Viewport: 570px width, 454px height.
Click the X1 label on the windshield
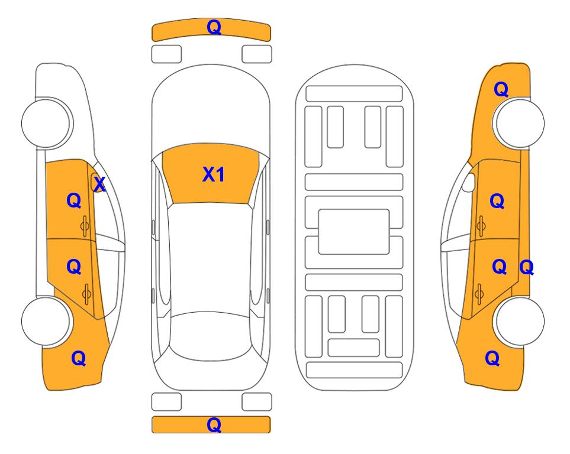[x=214, y=174]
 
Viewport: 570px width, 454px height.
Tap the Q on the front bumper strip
[x=214, y=27]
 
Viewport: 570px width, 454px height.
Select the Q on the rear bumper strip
[x=214, y=424]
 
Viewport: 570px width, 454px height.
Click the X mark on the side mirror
[x=99, y=184]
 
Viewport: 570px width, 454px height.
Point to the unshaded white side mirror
[x=469, y=182]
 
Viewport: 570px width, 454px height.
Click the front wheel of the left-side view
[x=46, y=123]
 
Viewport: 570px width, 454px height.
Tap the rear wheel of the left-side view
[x=46, y=321]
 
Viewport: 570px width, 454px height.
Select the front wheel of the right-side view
[x=520, y=123]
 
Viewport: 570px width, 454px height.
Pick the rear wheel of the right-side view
[x=520, y=321]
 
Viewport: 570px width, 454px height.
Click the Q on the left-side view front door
[x=74, y=200]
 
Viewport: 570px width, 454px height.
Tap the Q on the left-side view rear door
[x=74, y=267]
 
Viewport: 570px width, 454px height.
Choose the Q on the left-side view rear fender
[x=79, y=358]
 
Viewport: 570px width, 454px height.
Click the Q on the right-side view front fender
[x=501, y=89]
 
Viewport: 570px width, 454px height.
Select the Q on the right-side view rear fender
[x=492, y=358]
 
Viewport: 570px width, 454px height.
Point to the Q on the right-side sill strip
[x=526, y=268]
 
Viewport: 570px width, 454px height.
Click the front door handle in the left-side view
[x=85, y=226]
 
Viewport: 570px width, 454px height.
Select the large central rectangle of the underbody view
[x=354, y=232]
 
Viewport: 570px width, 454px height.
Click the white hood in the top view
[x=211, y=109]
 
